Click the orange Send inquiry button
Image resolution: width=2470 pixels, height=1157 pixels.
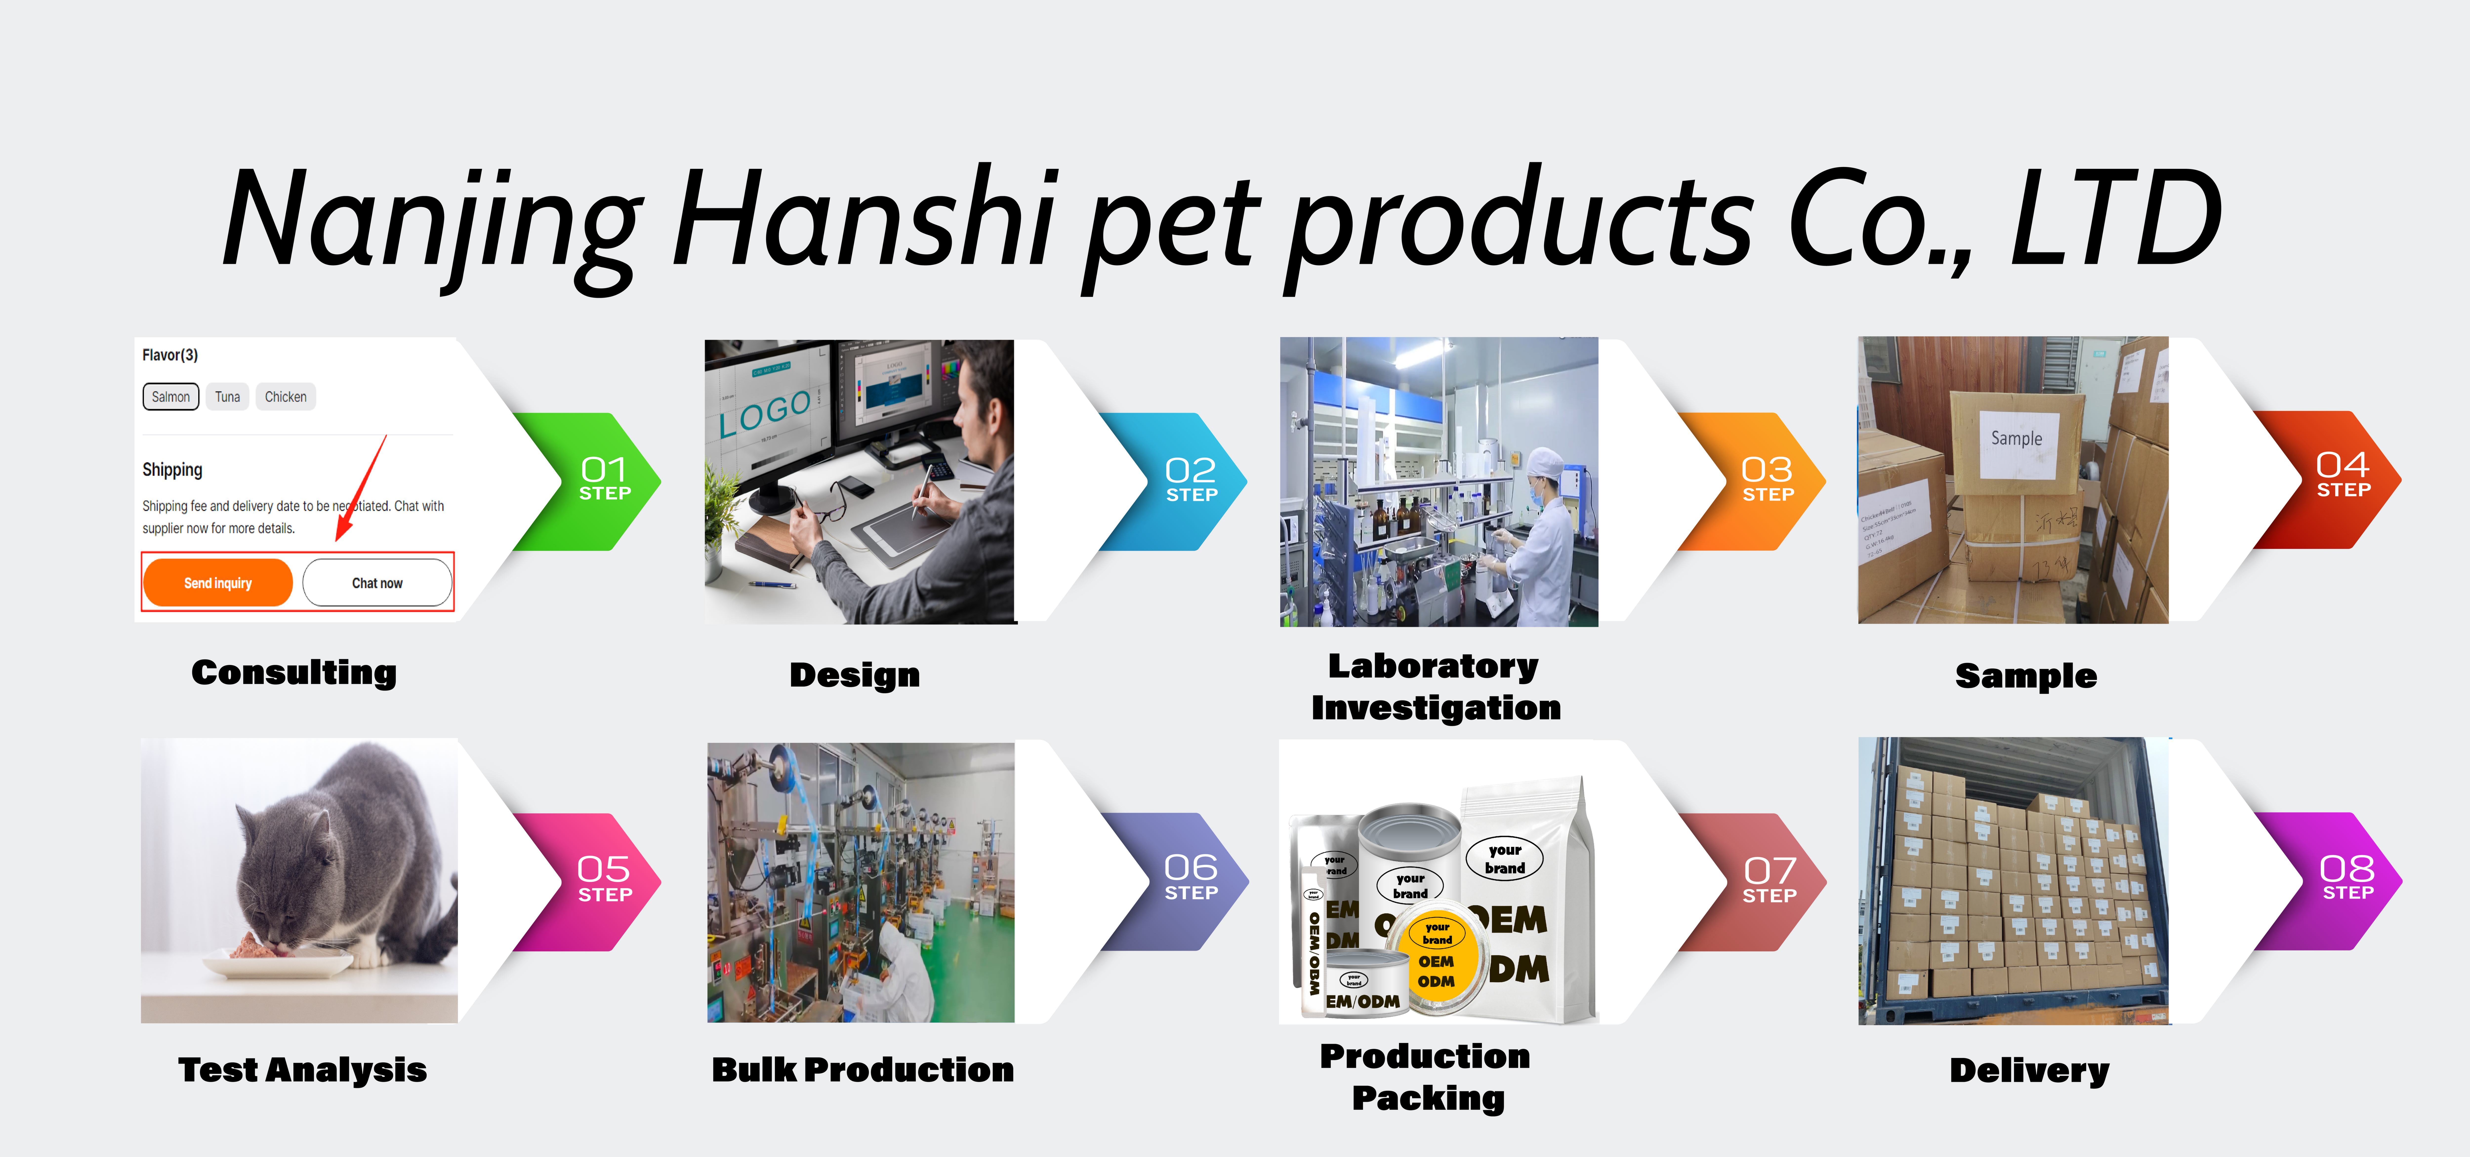coord(218,583)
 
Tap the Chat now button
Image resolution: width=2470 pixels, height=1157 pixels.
coord(377,583)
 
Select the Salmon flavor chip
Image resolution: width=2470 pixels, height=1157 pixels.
coord(171,397)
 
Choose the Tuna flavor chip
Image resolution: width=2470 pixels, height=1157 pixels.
coord(227,397)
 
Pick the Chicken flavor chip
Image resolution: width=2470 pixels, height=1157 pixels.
coord(286,397)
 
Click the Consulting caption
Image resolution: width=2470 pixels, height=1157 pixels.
coord(293,673)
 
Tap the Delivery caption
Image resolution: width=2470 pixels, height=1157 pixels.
coord(2029,1070)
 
